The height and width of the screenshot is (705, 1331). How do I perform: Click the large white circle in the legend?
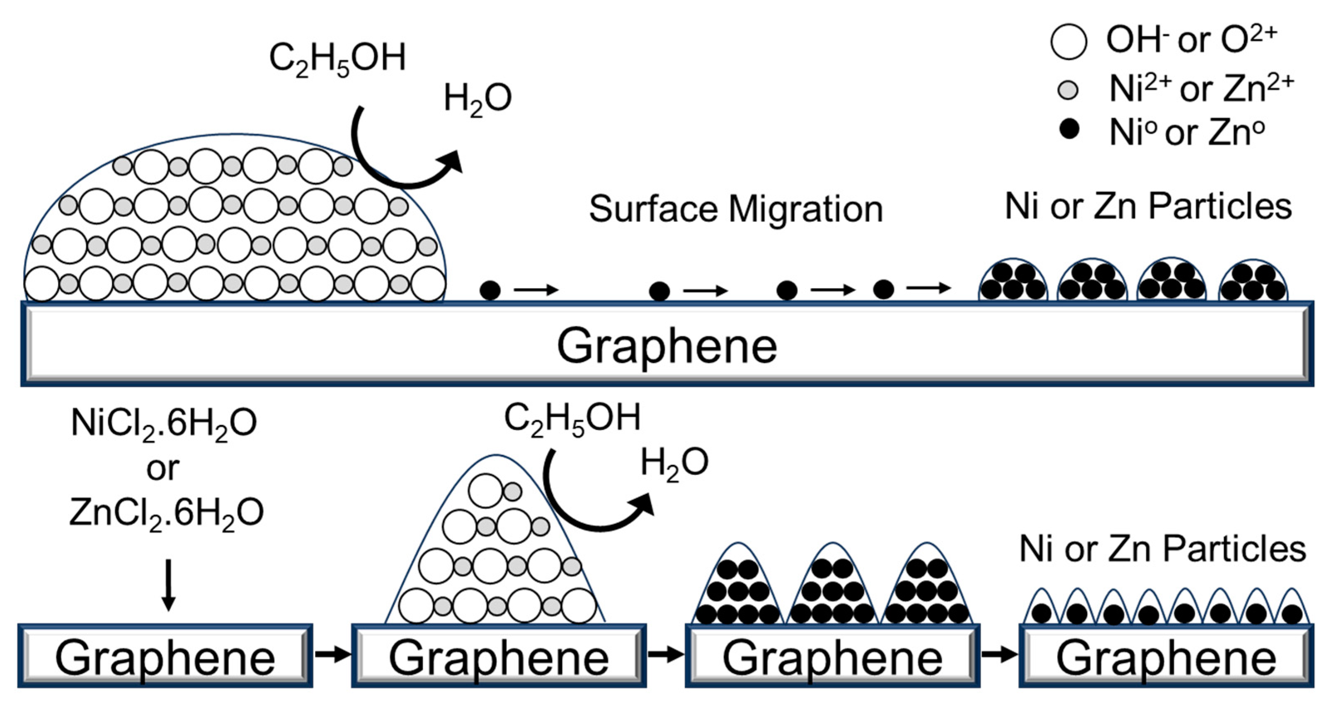pyautogui.click(x=1068, y=41)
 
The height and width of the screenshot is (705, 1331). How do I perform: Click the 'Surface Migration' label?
pyautogui.click(x=736, y=209)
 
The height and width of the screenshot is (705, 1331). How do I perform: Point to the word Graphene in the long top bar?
pyautogui.click(x=667, y=346)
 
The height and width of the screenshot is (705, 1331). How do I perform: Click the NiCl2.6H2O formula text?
pyautogui.click(x=164, y=423)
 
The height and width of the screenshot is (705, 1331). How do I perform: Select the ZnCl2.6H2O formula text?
pyautogui.click(x=166, y=513)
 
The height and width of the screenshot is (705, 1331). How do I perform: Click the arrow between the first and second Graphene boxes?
pyautogui.click(x=332, y=654)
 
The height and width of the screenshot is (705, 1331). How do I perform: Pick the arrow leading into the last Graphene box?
pyautogui.click(x=999, y=654)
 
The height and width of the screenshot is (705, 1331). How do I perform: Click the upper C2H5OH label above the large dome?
pyautogui.click(x=337, y=58)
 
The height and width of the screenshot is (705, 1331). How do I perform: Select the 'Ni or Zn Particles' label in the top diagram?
pyautogui.click(x=1148, y=207)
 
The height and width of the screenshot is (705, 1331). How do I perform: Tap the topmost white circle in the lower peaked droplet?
pyautogui.click(x=485, y=491)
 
